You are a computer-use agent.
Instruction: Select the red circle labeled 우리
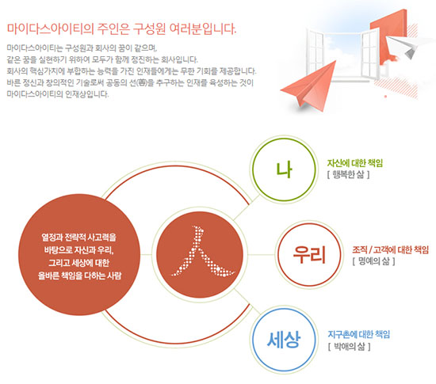point(309,224)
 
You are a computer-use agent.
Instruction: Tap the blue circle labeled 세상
point(284,309)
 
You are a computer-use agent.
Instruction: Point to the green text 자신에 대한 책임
point(355,163)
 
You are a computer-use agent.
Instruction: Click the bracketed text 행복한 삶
point(349,174)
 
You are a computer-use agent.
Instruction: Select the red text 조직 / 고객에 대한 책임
point(390,250)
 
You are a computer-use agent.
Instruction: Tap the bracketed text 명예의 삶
point(374,261)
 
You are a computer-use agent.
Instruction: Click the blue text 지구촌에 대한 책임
point(358,334)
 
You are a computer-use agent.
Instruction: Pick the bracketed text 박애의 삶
point(350,346)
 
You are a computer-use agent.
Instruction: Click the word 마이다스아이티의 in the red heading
point(50,29)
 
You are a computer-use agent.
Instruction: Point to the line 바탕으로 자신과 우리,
point(79,250)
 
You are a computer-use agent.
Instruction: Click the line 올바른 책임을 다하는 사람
point(79,276)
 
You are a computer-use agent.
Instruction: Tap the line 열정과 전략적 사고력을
point(79,238)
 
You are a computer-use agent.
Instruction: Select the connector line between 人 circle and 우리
point(261,255)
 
